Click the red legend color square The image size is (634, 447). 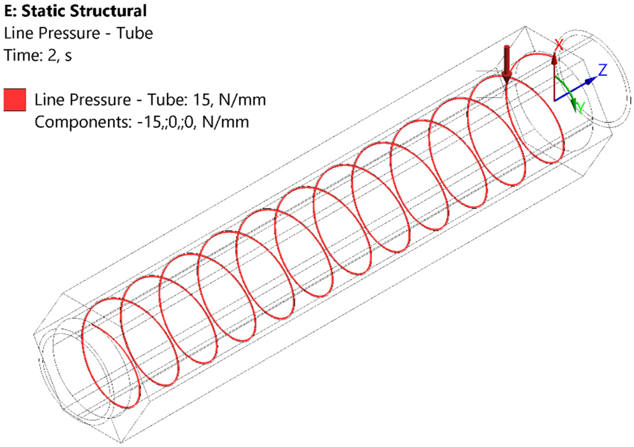(15, 100)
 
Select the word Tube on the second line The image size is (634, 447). (134, 34)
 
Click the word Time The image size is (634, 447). (21, 55)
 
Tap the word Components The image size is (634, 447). (83, 122)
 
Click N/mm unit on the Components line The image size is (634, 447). (225, 122)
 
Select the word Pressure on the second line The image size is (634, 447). (69, 34)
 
